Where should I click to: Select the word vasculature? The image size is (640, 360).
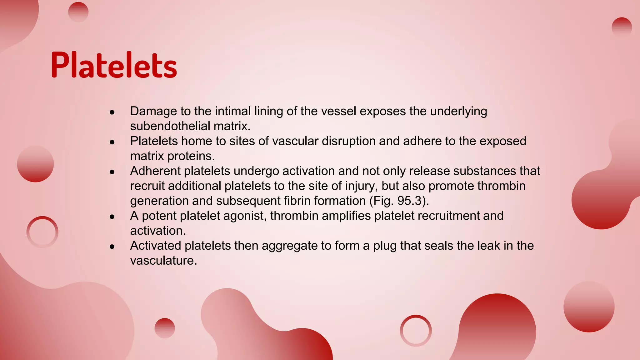coord(163,261)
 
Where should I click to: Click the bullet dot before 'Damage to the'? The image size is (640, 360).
coord(112,112)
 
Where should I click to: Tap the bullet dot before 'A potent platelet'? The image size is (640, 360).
coord(112,217)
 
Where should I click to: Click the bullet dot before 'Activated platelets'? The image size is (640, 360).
coord(112,247)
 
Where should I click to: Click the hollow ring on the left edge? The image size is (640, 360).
coord(42,232)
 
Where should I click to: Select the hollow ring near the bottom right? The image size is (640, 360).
coord(416,330)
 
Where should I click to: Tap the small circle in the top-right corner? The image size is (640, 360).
coord(622,27)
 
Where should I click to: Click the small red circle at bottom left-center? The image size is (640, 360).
coord(165,328)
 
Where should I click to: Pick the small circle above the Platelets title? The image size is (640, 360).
coord(78,12)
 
